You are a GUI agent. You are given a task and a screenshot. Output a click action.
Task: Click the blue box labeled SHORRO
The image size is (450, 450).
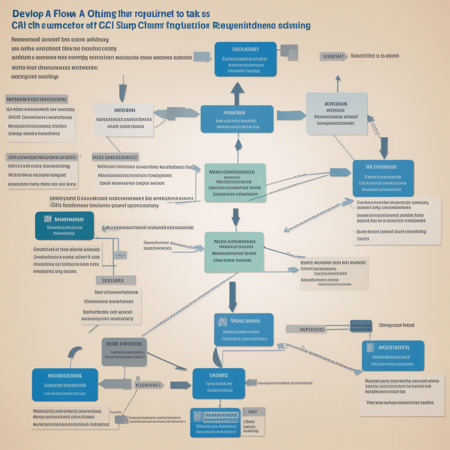[x=218, y=383]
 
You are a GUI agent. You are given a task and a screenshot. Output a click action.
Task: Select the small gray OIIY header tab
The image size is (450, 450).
[x=253, y=412]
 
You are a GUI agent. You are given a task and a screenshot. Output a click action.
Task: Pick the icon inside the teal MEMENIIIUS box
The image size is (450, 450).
[x=47, y=218]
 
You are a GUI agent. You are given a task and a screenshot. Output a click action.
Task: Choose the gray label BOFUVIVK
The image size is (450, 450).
[x=116, y=280]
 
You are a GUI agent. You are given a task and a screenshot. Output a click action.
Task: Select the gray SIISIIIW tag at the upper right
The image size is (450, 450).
[x=333, y=56]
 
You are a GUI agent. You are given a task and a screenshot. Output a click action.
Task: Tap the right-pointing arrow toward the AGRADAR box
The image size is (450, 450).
[x=290, y=115]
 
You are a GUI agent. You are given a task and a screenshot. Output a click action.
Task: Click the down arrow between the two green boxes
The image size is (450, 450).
[x=236, y=216]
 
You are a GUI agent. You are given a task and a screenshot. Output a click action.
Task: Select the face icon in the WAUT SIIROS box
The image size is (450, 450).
[x=222, y=322]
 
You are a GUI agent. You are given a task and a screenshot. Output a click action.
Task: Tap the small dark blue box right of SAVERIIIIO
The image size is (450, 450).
[x=360, y=326]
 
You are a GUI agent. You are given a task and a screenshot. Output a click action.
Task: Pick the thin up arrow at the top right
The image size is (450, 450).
[x=337, y=83]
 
